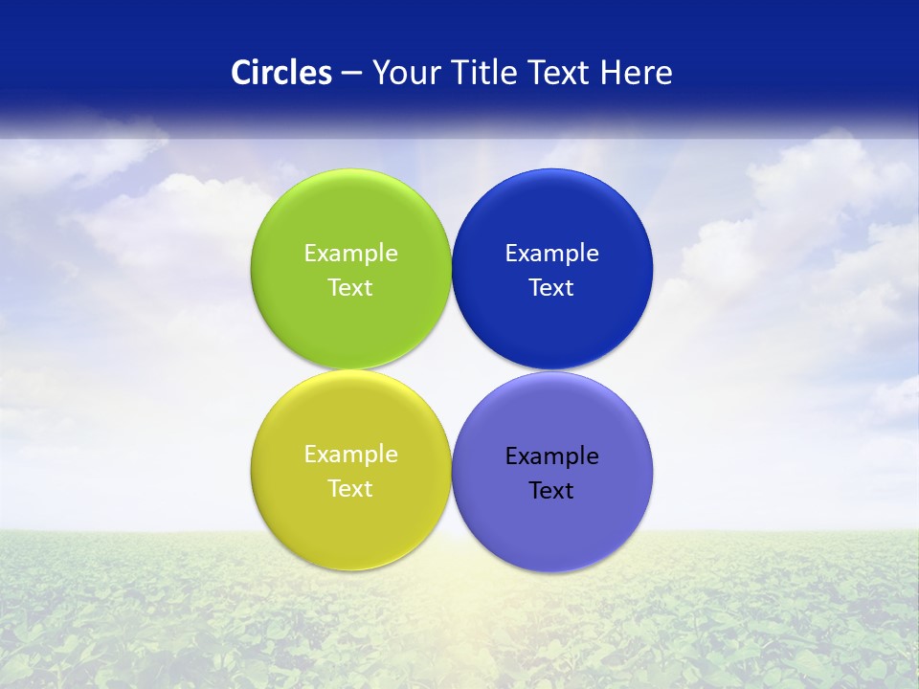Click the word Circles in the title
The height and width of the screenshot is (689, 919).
click(280, 73)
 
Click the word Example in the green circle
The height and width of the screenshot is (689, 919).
click(350, 254)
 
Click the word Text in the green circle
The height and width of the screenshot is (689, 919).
click(350, 288)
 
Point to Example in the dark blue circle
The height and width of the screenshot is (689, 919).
click(551, 254)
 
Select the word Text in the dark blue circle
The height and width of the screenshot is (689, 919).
click(551, 288)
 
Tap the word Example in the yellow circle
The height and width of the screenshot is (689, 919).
click(350, 455)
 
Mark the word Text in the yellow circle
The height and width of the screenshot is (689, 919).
click(350, 489)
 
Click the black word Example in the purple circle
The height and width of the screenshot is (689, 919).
click(551, 456)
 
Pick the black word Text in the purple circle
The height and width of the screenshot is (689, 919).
click(551, 491)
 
